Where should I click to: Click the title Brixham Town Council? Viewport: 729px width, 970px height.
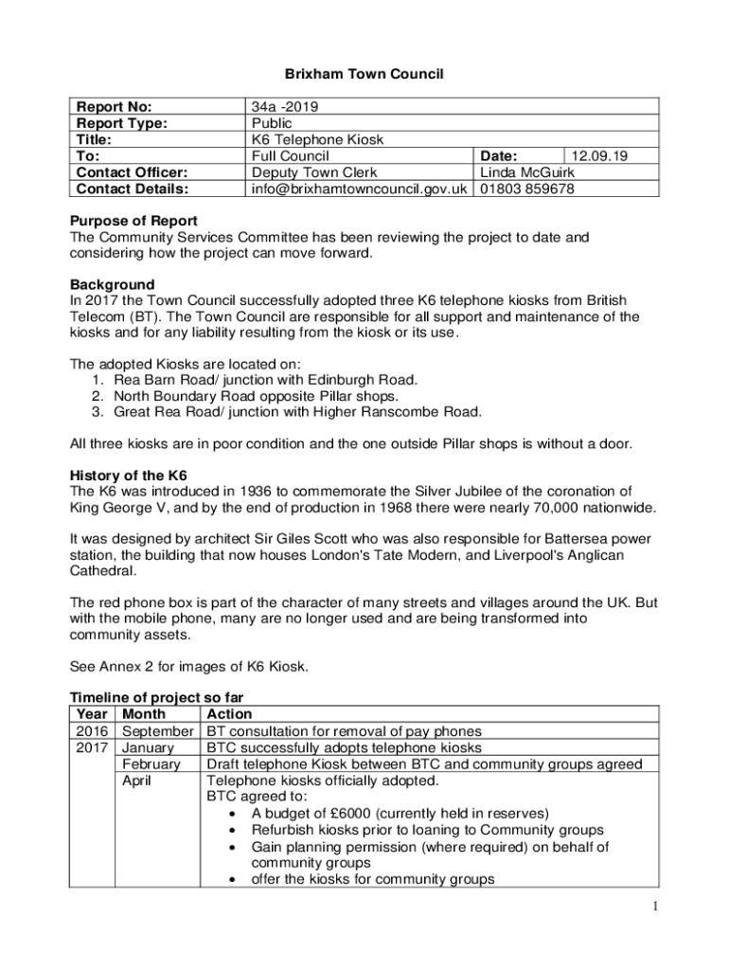pos(364,73)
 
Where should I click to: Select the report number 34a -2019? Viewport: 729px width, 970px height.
pos(281,107)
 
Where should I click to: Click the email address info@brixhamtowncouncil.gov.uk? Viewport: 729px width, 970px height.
pos(360,189)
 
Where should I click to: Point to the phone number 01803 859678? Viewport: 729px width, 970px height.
pos(527,189)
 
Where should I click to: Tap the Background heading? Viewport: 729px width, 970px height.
pos(112,284)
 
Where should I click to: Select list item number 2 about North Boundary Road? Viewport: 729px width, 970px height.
pos(256,395)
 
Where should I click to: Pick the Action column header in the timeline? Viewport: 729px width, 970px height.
pos(229,714)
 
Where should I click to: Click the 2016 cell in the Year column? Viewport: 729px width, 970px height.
pos(92,730)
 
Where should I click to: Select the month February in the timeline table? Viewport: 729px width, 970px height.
pos(151,763)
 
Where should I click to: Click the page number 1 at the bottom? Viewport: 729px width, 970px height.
pos(655,908)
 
